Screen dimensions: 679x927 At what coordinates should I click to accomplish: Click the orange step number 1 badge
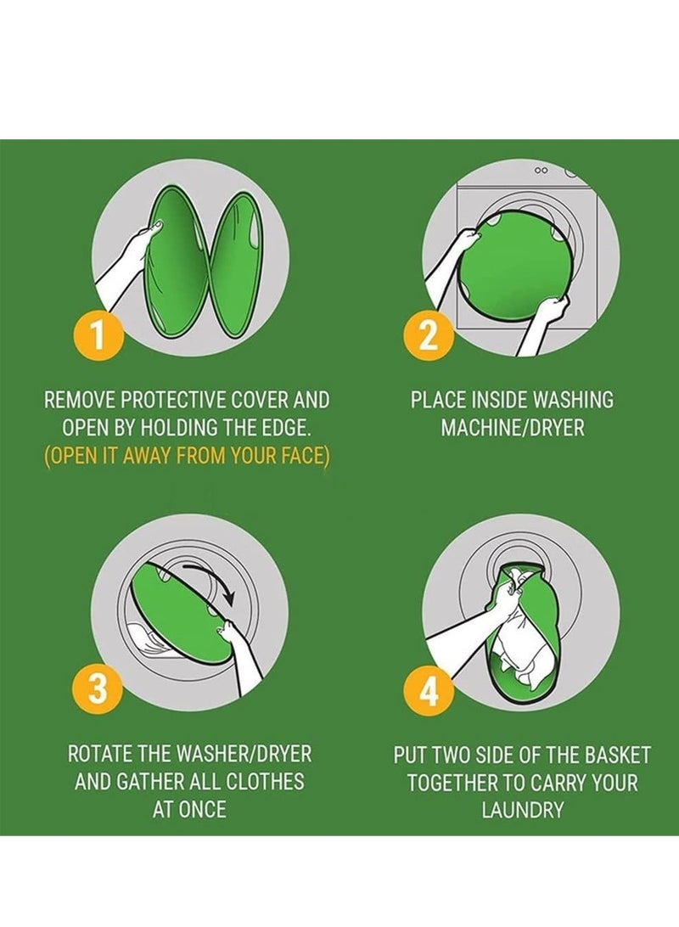(98, 335)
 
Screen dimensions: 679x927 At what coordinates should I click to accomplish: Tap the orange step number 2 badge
(428, 335)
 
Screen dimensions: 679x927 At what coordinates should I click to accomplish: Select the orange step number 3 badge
(98, 689)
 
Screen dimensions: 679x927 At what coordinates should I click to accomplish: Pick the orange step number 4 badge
(428, 689)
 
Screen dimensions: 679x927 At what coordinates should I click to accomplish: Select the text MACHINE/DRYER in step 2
(513, 428)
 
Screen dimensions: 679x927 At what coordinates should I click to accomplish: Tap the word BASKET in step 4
(617, 755)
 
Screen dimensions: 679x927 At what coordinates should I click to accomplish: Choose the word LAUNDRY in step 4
(522, 809)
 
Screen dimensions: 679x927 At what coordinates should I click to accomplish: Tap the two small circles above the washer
(541, 171)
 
